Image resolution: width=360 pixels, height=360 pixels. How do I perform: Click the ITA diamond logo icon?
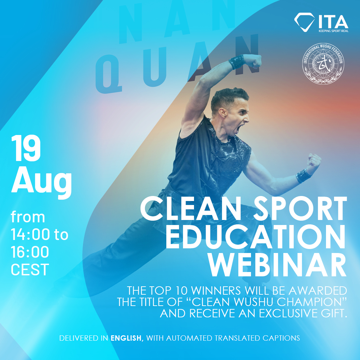[304, 22]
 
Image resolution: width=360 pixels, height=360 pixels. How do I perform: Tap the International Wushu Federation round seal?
[323, 64]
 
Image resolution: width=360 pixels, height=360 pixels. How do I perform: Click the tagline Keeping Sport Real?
[333, 31]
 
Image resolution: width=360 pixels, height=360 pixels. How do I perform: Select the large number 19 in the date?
[26, 148]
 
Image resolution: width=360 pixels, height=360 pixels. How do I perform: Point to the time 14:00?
[30, 234]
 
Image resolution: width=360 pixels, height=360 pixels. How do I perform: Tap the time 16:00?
[30, 252]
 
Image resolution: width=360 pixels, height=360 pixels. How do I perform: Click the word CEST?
[30, 269]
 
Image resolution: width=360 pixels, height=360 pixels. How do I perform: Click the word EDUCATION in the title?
[256, 237]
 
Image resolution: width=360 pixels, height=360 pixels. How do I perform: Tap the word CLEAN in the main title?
[190, 209]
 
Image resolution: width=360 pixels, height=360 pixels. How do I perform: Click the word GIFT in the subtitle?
[337, 313]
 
